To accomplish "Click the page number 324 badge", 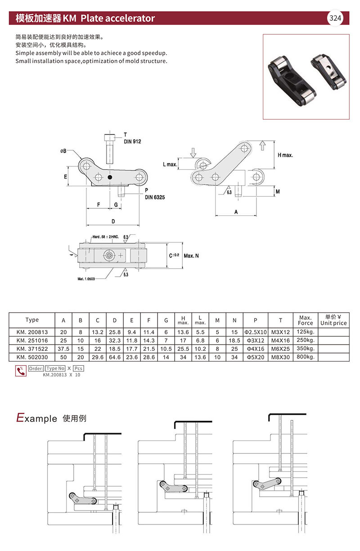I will click(336, 18).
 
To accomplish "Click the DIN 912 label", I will click(132, 141).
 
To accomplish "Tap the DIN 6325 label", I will click(154, 197).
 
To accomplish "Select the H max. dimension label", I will click(285, 155).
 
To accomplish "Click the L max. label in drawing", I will click(170, 165).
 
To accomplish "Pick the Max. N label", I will click(191, 255).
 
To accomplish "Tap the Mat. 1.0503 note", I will click(87, 279).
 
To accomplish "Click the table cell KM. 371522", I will click(32, 349).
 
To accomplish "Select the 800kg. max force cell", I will click(305, 357).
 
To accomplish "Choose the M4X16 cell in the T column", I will click(280, 340).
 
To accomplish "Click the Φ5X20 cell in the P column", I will click(255, 357).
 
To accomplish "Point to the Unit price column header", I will click(333, 320).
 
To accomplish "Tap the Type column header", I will click(32, 320).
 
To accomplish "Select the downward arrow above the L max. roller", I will click(193, 153).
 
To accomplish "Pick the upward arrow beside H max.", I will click(264, 145).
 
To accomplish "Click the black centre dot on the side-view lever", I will click(110, 177).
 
